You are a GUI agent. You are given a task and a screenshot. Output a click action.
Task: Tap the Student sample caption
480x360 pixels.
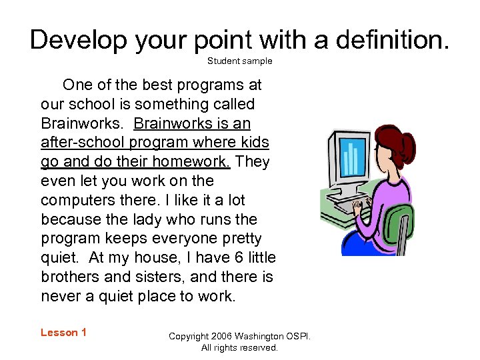[239, 61]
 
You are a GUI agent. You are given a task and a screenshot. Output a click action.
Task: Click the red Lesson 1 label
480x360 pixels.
[63, 333]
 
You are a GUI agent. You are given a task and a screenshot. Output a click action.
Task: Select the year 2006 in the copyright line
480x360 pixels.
[224, 336]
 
